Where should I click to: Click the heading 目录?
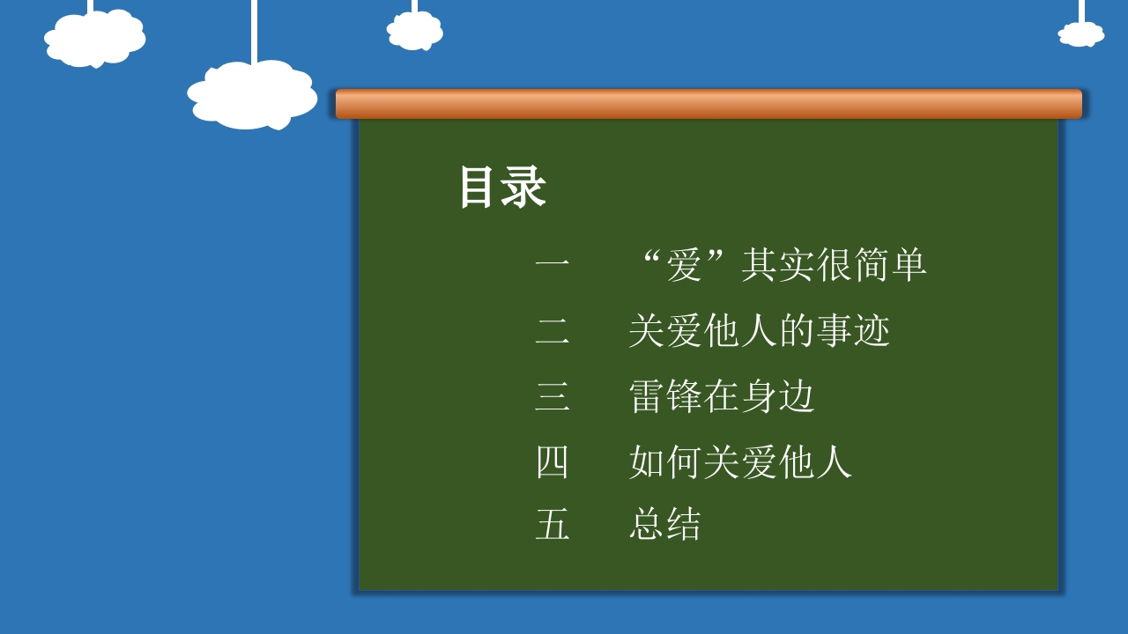(x=503, y=188)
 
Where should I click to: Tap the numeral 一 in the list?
(x=553, y=263)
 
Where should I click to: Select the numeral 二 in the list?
(x=553, y=331)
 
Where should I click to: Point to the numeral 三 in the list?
(x=553, y=396)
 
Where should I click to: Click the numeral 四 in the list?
(x=553, y=462)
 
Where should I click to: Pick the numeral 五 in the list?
(x=553, y=524)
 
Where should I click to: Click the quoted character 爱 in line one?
(x=684, y=265)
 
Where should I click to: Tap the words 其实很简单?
(x=834, y=265)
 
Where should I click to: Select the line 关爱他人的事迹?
(x=760, y=330)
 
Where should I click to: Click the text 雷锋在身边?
(x=722, y=396)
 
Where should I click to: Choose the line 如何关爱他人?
(x=740, y=462)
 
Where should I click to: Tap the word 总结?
(x=664, y=524)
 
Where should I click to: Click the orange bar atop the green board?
(x=709, y=104)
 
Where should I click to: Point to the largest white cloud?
(x=252, y=94)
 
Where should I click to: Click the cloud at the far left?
(x=94, y=38)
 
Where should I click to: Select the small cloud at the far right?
(x=1080, y=34)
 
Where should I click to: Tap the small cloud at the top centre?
(x=414, y=31)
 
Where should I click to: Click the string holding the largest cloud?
(x=254, y=31)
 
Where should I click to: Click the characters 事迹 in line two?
(x=853, y=330)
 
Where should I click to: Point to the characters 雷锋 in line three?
(x=665, y=396)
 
